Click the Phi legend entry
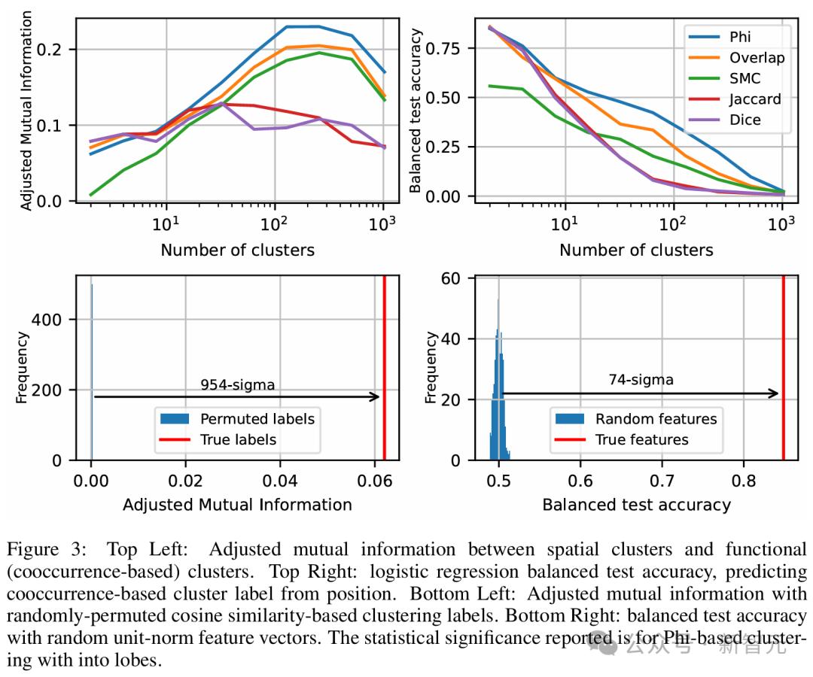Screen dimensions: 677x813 pos(738,37)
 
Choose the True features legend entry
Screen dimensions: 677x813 pos(641,439)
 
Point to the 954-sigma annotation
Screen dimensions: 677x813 pos(237,384)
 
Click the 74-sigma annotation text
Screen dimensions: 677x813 pos(641,380)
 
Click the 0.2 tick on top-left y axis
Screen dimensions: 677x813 pos(57,50)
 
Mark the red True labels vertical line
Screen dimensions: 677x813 pos(385,338)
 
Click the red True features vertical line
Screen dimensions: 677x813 pos(784,338)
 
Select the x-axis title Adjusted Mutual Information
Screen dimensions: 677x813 pos(237,504)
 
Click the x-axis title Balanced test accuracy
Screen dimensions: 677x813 pos(636,504)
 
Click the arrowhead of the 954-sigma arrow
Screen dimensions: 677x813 pos(376,396)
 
